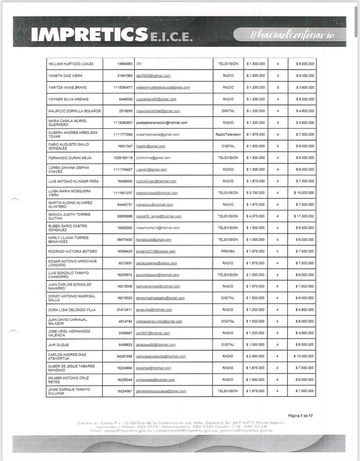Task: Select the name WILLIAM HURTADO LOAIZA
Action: tap(71, 64)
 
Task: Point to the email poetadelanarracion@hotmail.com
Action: tap(162, 122)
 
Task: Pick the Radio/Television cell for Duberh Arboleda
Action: tap(228, 134)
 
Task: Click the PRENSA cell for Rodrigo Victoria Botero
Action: tap(228, 251)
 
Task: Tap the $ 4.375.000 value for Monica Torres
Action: tap(255, 216)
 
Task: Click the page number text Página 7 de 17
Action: tap(300, 416)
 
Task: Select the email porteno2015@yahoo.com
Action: tap(155, 251)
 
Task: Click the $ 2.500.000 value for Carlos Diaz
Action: tap(255, 357)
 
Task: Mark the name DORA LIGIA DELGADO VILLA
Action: tap(72, 310)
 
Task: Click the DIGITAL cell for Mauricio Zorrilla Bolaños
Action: tap(228, 111)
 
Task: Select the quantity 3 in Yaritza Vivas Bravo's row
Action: tap(278, 87)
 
